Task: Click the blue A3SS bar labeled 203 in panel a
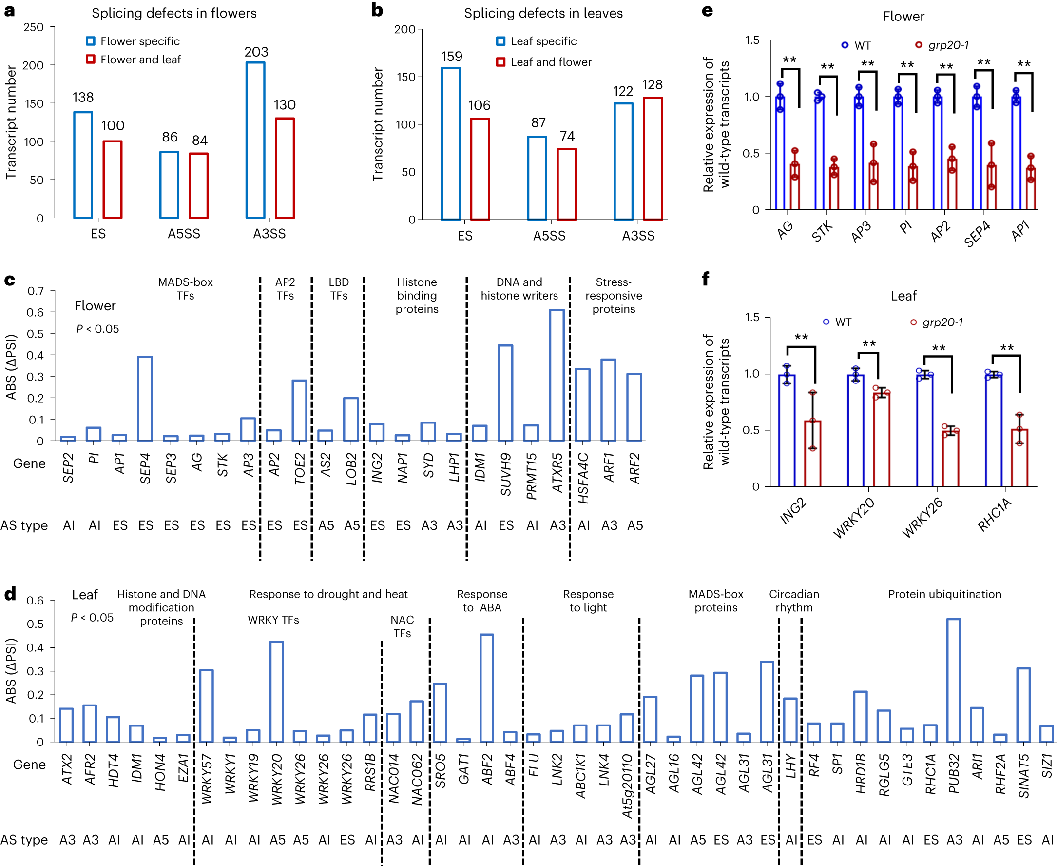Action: (255, 140)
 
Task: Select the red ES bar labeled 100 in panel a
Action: (112, 180)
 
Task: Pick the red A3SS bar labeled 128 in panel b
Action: (653, 159)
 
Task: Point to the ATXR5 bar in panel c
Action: (557, 375)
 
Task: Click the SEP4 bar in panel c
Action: (145, 399)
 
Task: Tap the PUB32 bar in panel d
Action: (953, 681)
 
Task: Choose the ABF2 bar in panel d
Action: (486, 688)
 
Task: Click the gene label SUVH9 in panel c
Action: (506, 474)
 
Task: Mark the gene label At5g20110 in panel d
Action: (627, 786)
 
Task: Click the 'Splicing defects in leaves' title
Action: (543, 13)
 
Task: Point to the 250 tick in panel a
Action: (34, 27)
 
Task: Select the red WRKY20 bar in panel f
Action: (881, 440)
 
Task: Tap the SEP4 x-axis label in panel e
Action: (977, 234)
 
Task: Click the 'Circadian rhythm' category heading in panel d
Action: (793, 601)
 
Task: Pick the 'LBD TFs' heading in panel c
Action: (338, 289)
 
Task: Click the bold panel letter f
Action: (705, 279)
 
